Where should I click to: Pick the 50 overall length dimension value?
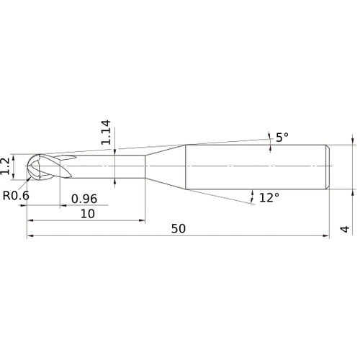pyautogui.click(x=179, y=228)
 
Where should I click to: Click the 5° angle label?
pyautogui.click(x=282, y=137)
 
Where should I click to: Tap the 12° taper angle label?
pyautogui.click(x=268, y=197)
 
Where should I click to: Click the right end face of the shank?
pyautogui.click(x=330, y=167)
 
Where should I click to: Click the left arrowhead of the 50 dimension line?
pyautogui.click(x=30, y=235)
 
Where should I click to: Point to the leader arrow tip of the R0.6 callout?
pyautogui.click(x=30, y=177)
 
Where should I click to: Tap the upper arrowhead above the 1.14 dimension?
pyautogui.click(x=115, y=148)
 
